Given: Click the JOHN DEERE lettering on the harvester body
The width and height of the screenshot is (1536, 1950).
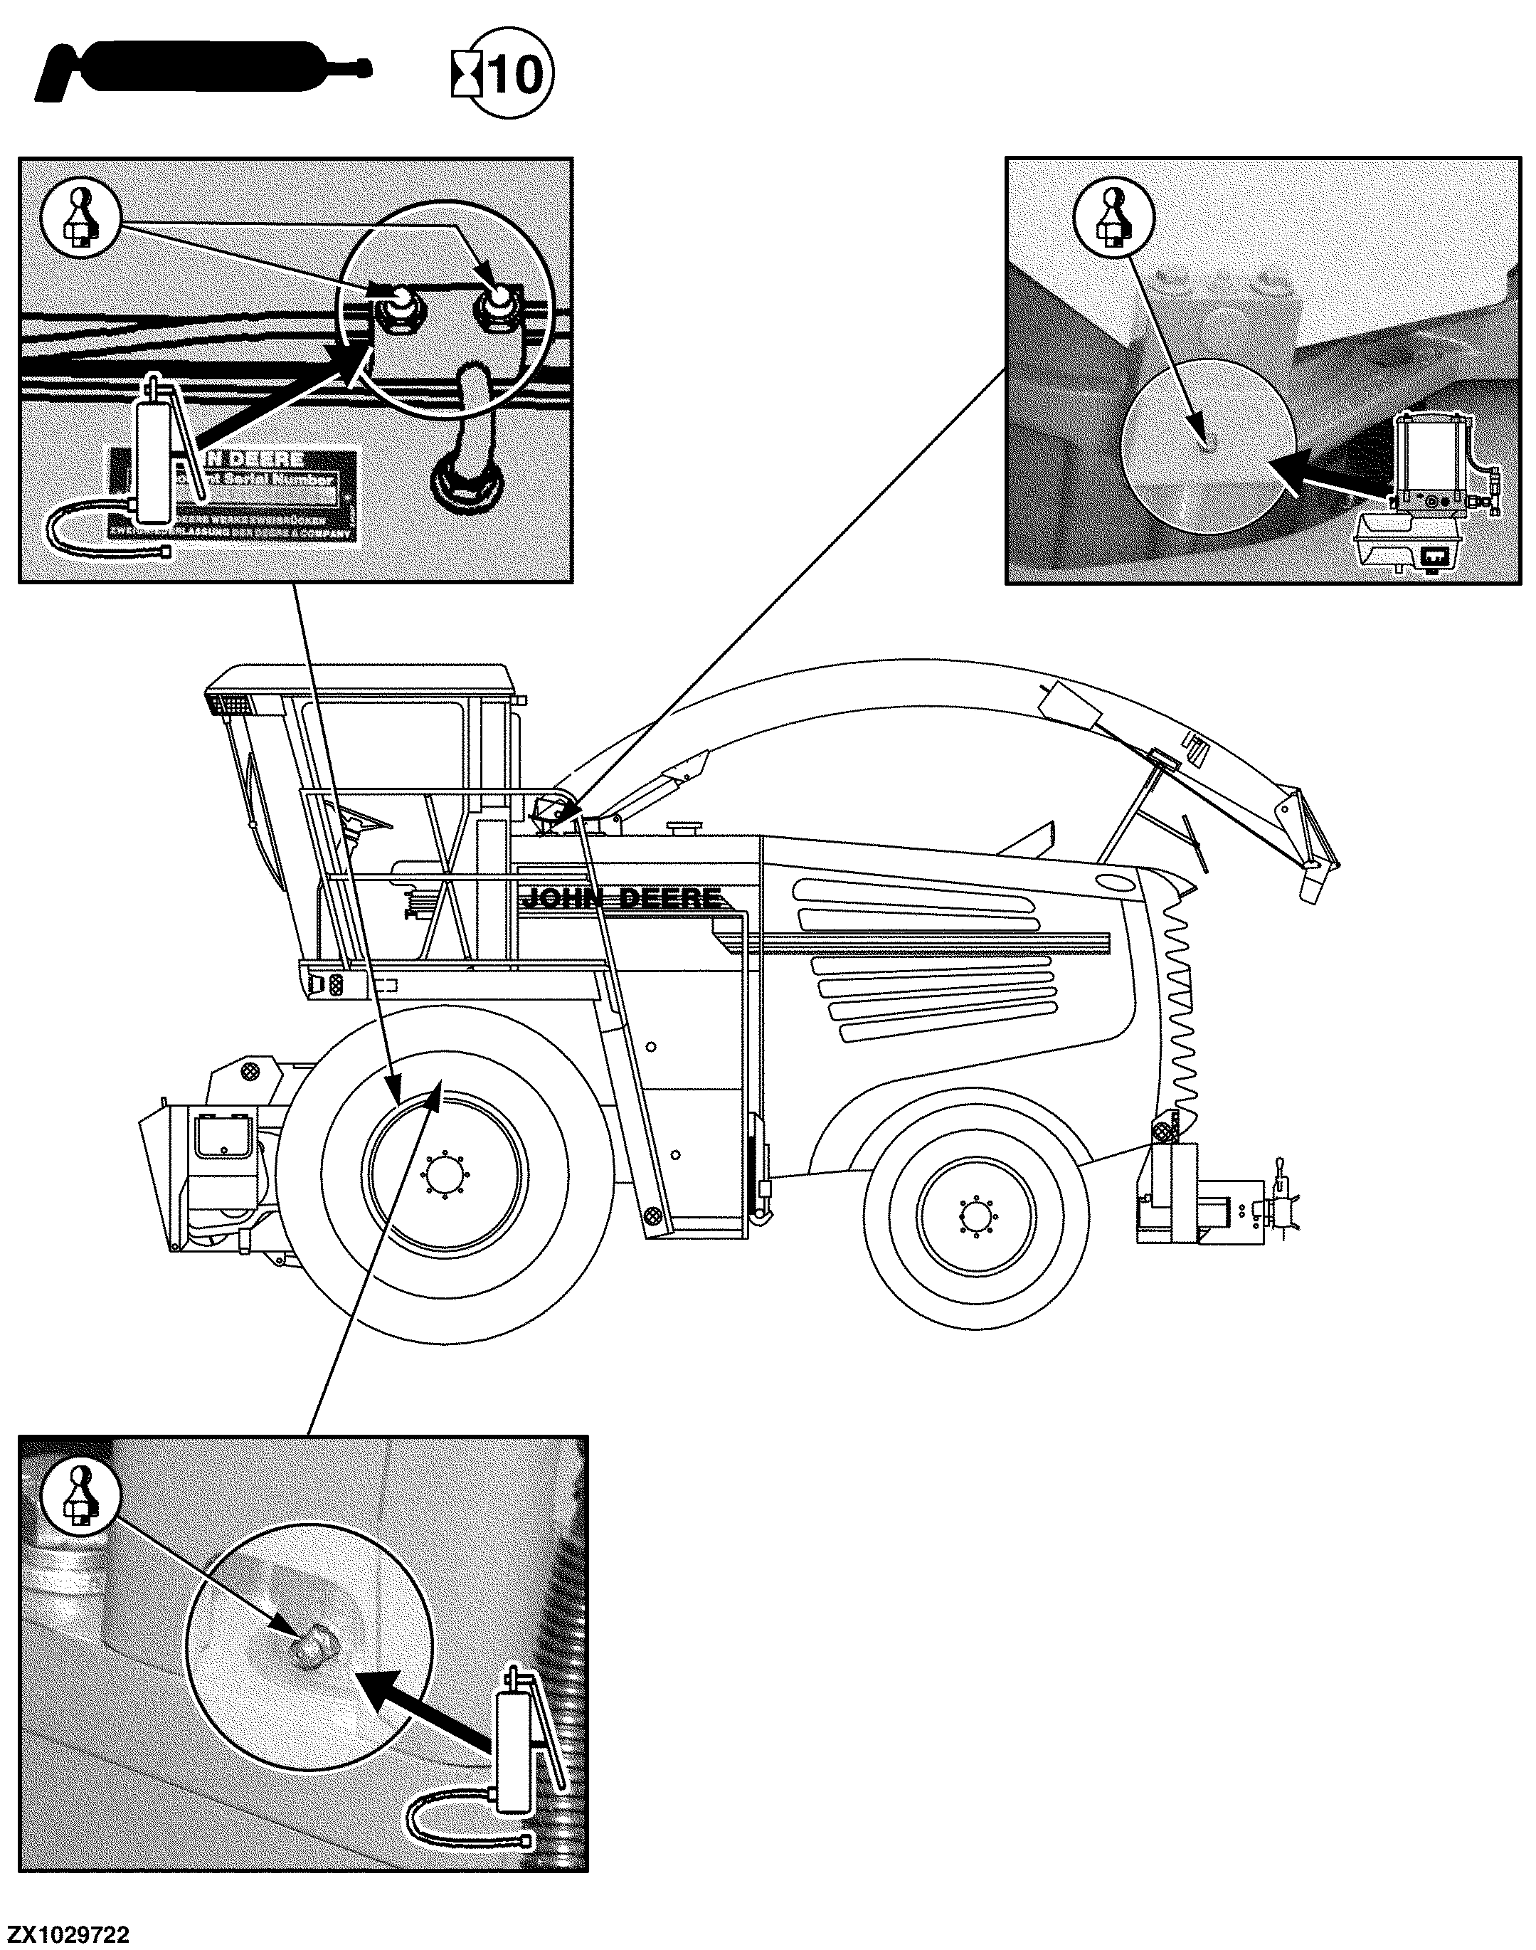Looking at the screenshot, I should pos(621,897).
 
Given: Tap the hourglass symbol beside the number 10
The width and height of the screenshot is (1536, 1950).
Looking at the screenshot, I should pos(467,75).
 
